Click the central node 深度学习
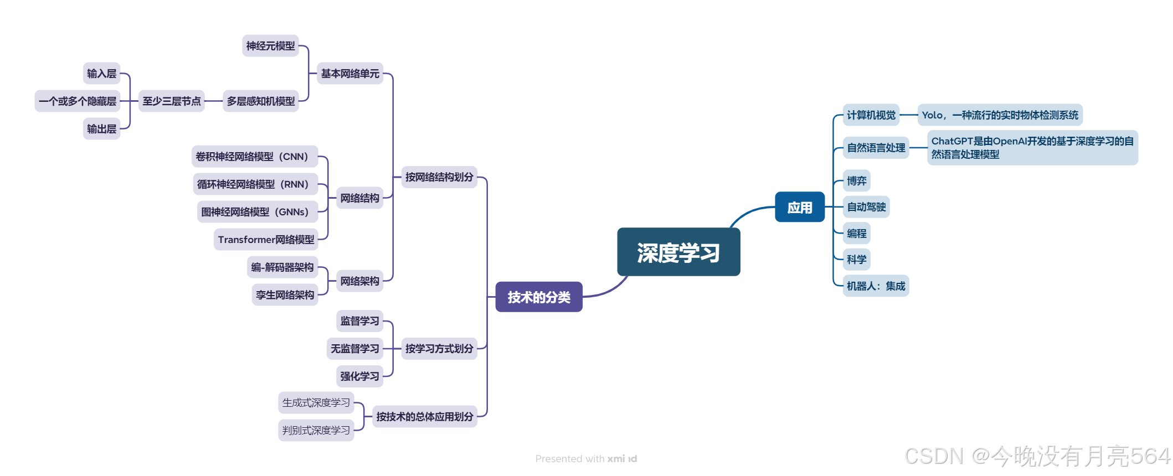678,252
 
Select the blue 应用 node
800,207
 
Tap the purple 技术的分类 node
539,297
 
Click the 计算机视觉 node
871,115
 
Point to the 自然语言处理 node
876,148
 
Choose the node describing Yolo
1000,115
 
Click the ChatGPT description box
1032,148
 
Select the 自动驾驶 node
866,207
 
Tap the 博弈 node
856,181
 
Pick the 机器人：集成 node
876,286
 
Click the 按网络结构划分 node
439,177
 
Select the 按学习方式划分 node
439,349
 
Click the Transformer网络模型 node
266,240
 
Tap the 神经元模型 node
270,46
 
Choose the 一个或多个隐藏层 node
78,101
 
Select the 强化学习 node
359,376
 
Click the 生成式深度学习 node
316,403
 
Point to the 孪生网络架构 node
285,295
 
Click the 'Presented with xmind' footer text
586,459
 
